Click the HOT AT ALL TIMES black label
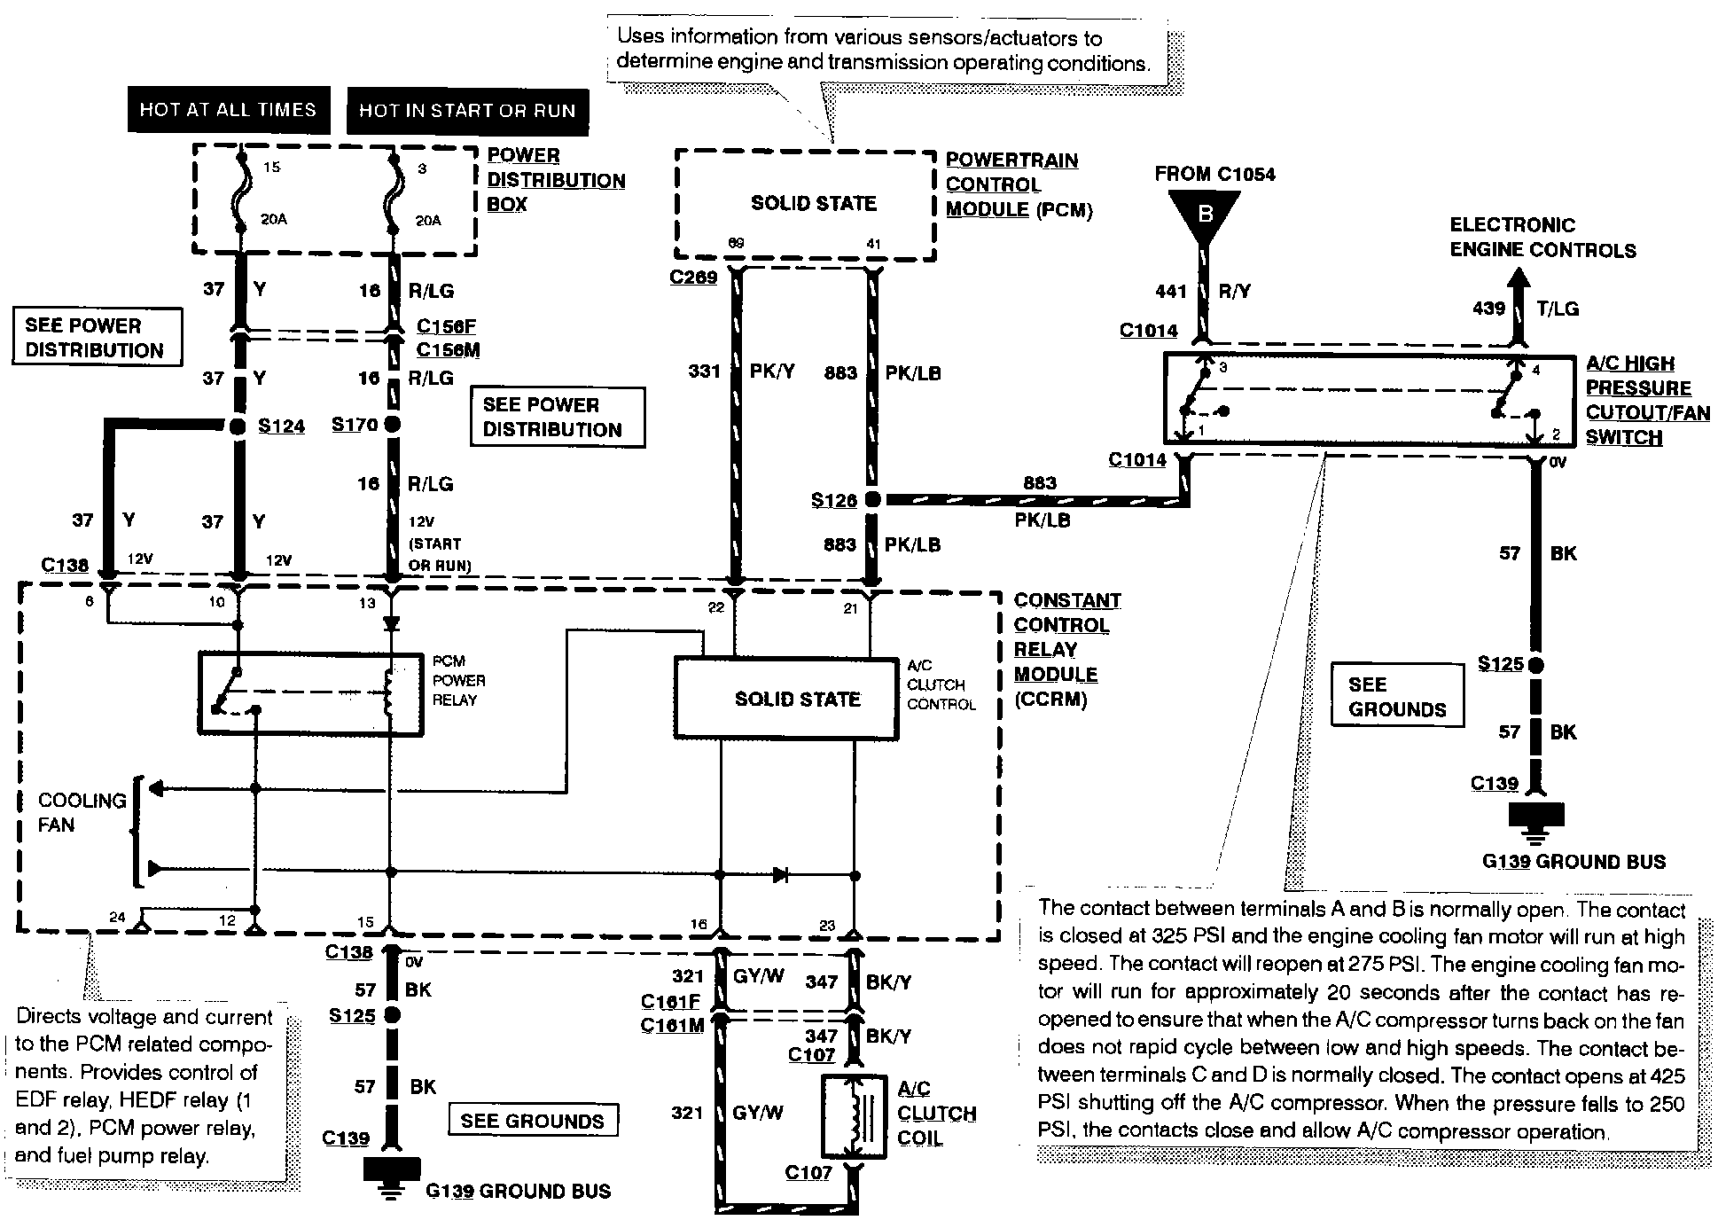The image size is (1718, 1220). (x=228, y=109)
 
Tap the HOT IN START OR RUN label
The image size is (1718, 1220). (x=467, y=111)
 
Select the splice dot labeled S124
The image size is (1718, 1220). (x=237, y=426)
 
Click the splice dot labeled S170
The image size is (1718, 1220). (x=392, y=425)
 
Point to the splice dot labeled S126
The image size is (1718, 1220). (x=872, y=500)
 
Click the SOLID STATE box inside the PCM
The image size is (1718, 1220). (x=813, y=203)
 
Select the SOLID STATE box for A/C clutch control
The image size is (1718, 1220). (x=796, y=699)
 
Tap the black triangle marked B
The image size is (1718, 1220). (x=1205, y=214)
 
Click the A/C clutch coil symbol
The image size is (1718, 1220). (x=854, y=1116)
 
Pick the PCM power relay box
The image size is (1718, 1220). (x=310, y=694)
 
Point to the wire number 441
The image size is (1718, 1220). (x=1171, y=291)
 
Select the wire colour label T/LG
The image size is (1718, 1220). (x=1558, y=309)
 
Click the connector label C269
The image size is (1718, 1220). (x=693, y=278)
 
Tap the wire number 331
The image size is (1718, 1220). (x=705, y=371)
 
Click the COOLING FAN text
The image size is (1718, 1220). (x=82, y=812)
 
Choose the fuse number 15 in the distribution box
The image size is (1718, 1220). (x=271, y=167)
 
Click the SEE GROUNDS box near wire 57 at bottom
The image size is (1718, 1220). (x=532, y=1121)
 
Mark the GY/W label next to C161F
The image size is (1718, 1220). (x=758, y=976)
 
